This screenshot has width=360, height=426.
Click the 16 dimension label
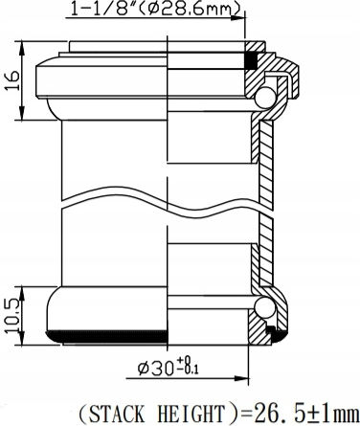(12, 81)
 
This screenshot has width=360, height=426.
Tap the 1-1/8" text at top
(103, 9)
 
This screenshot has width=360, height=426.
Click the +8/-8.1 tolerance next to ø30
(188, 366)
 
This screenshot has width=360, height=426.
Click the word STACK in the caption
(117, 414)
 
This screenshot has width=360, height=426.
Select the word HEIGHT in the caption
(192, 414)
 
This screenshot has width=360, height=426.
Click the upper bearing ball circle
(265, 98)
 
